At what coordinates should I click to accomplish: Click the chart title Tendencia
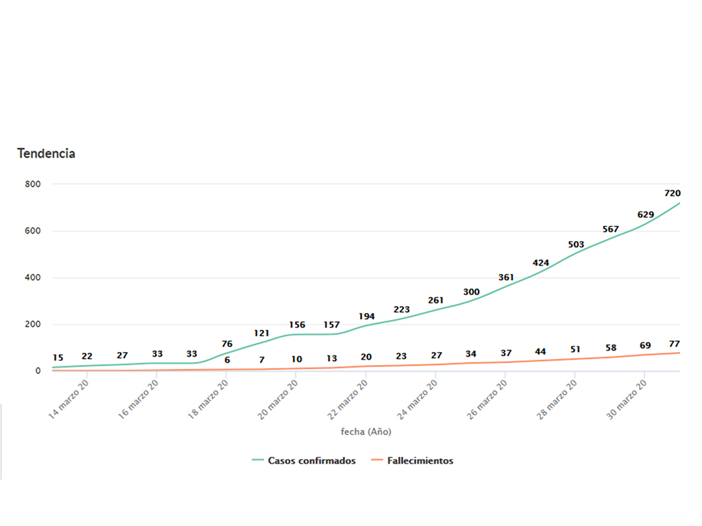click(46, 153)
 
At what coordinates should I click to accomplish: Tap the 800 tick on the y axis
click(33, 184)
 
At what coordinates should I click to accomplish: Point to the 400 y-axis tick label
click(33, 277)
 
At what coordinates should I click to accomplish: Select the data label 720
click(672, 193)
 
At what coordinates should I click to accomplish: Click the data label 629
click(645, 214)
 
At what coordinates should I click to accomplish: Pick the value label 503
click(576, 245)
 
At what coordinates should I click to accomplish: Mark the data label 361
click(506, 277)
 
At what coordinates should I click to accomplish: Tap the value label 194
click(367, 316)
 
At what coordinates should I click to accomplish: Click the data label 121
click(261, 333)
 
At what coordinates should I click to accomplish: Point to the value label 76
click(227, 344)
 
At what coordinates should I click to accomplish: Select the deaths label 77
click(674, 343)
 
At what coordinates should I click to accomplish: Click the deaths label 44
click(541, 351)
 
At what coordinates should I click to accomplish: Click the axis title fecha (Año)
click(366, 432)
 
